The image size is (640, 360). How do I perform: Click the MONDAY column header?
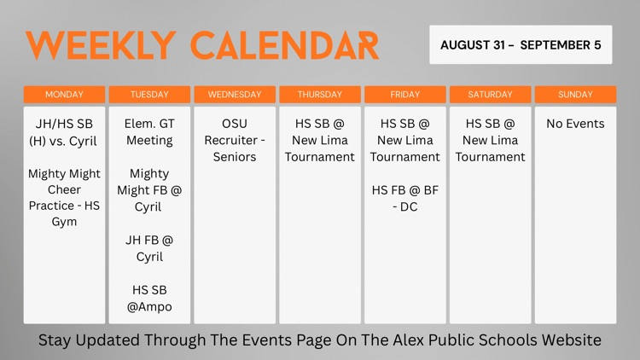point(64,95)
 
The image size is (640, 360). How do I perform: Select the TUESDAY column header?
point(149,95)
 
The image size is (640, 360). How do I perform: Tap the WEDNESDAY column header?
point(235,95)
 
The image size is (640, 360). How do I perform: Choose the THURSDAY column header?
point(320,95)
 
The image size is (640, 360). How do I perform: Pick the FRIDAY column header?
point(404,95)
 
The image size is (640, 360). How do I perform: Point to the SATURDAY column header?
point(490,95)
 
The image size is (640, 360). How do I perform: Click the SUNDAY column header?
point(575,95)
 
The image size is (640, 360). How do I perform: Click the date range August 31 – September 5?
point(521,45)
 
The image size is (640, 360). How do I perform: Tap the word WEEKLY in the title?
point(101,45)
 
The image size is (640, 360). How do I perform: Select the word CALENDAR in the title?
point(285,45)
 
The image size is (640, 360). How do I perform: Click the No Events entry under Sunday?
point(575,124)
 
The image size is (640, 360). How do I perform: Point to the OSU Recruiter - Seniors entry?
point(235,140)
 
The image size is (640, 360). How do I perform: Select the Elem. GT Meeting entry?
point(149,132)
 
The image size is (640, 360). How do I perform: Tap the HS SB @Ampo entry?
point(149,299)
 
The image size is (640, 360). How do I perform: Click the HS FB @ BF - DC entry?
point(404,199)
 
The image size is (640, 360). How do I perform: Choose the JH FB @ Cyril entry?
point(149,248)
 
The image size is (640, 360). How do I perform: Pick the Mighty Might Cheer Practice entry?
point(64,198)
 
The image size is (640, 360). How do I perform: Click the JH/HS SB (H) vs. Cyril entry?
point(64,132)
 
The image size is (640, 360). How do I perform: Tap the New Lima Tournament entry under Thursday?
point(320,140)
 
